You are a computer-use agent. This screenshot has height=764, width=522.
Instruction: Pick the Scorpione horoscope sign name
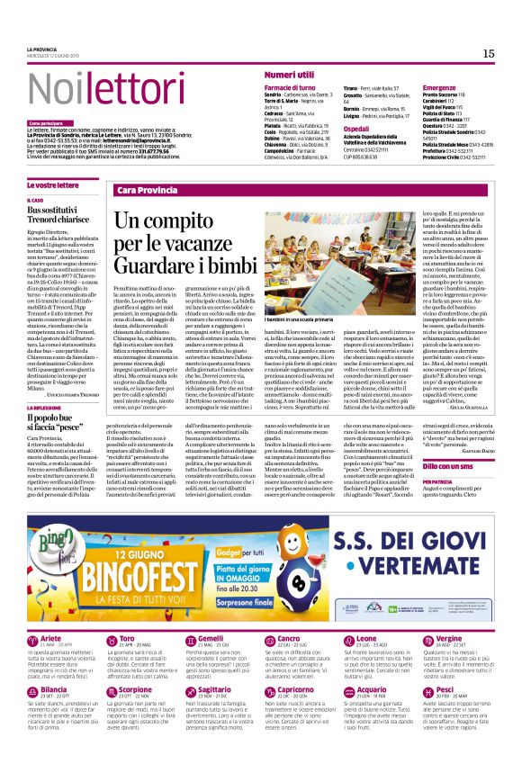coord(136,664)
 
